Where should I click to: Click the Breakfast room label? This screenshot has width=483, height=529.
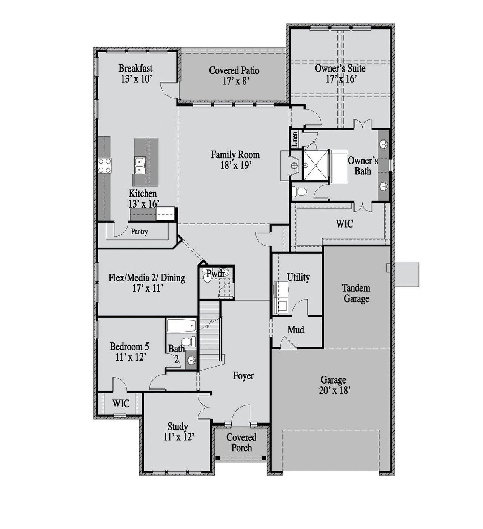point(135,69)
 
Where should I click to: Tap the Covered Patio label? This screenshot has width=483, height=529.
point(234,70)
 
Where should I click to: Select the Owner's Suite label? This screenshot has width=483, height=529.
point(340,69)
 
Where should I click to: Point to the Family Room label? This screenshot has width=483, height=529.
point(235,155)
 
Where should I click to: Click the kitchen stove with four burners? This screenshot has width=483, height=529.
point(105,165)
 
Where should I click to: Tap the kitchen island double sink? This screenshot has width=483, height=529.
point(140,165)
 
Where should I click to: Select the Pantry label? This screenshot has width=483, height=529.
point(139,232)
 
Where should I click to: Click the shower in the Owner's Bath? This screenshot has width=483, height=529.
point(316,165)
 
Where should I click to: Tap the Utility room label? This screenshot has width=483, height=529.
point(298,277)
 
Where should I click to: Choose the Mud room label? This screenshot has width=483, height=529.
point(295,330)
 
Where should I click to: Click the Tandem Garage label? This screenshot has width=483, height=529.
point(356,294)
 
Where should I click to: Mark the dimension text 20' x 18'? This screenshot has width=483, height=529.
point(333,391)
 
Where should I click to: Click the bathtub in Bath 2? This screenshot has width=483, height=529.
point(181,326)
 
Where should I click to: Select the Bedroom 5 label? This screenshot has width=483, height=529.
point(129,346)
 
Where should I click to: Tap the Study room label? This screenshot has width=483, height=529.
point(178,427)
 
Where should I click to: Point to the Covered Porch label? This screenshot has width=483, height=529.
point(241,443)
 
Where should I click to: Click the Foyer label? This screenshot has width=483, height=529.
point(243,376)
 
